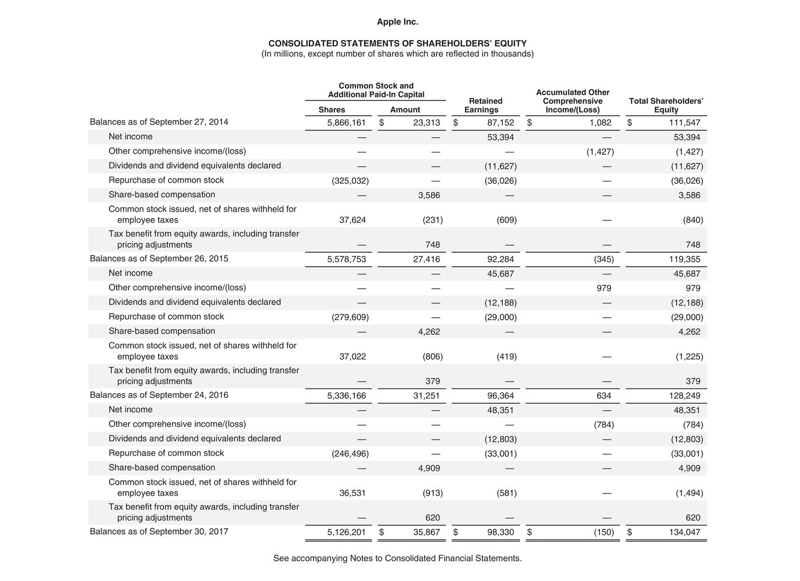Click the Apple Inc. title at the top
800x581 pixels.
[397, 22]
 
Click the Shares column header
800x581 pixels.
[332, 110]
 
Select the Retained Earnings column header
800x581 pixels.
[485, 105]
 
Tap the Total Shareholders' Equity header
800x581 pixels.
[666, 105]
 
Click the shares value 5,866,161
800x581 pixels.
[346, 123]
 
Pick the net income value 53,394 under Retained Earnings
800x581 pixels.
[500, 137]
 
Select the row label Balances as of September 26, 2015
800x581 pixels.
[159, 259]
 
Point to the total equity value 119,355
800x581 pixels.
[685, 260]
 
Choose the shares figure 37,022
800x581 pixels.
[352, 357]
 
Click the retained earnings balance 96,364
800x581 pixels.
[500, 396]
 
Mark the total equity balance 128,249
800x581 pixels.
[685, 396]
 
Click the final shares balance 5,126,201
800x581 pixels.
[346, 532]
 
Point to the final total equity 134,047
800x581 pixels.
[685, 532]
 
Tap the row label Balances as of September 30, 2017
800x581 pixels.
[159, 532]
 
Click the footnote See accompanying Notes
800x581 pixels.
[397, 558]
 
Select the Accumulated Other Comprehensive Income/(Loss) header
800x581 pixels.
[572, 101]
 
